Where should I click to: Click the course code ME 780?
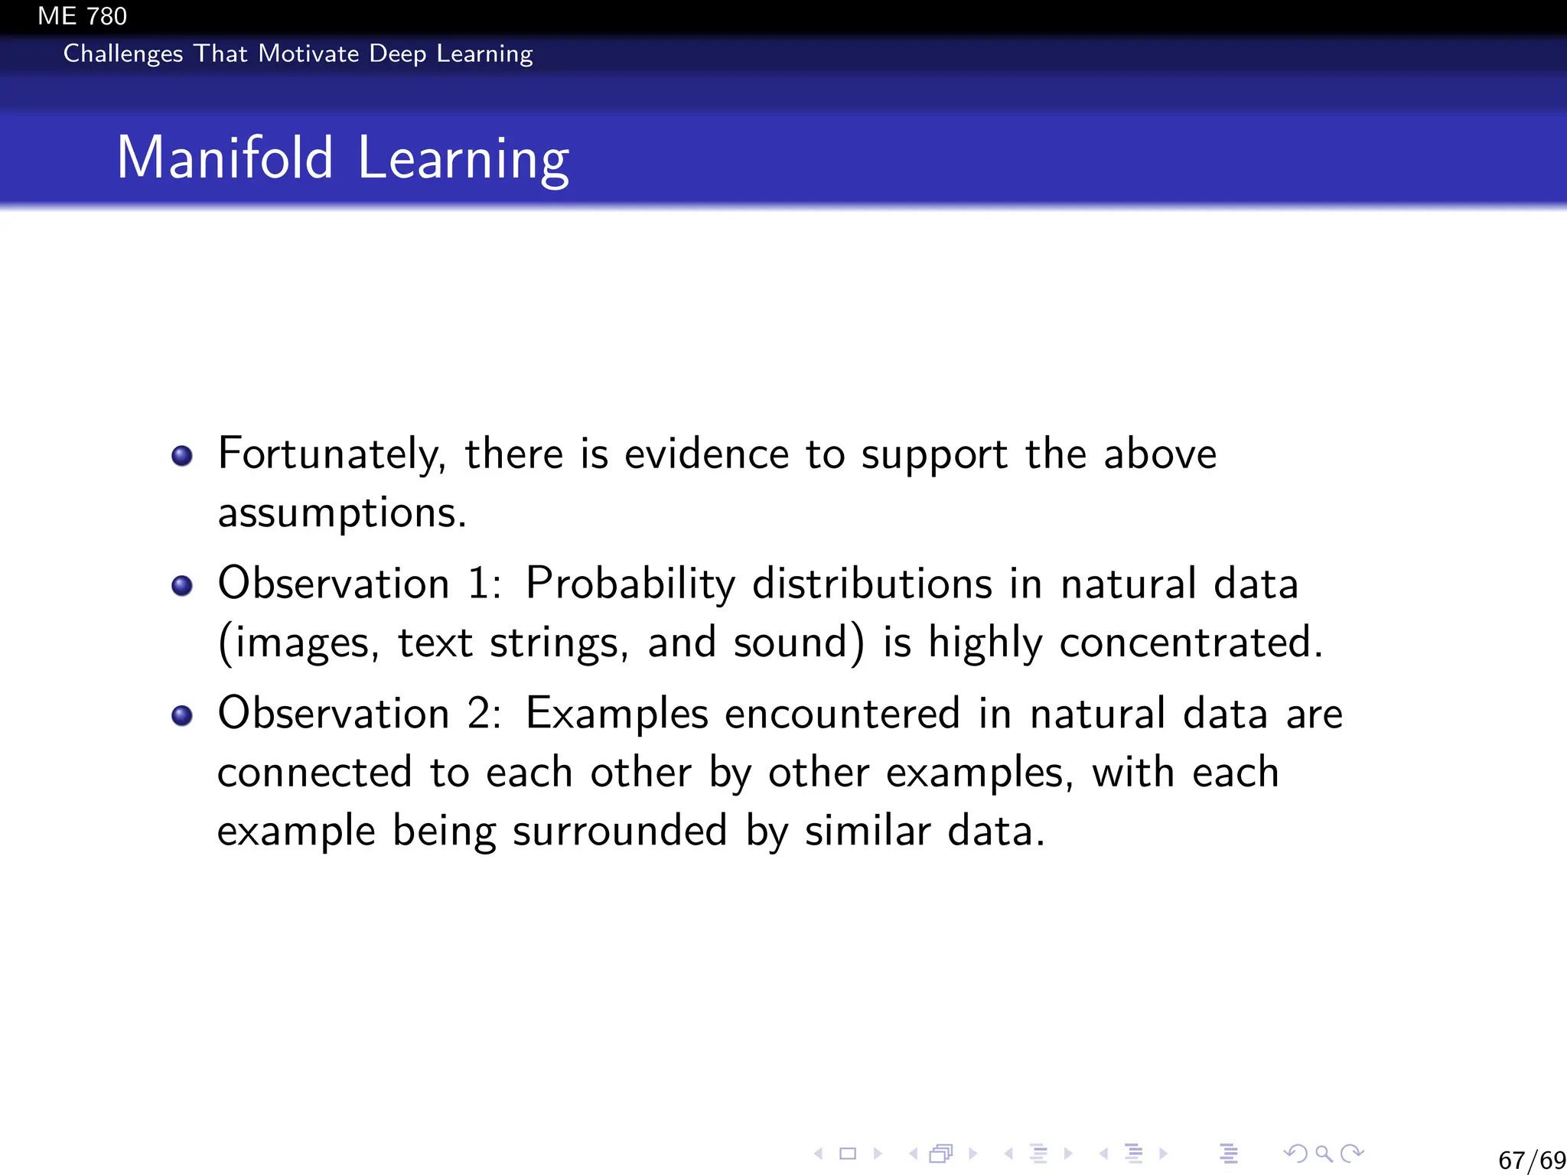pyautogui.click(x=82, y=16)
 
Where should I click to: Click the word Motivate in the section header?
pyautogui.click(x=308, y=54)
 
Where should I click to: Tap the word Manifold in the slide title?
pyautogui.click(x=225, y=158)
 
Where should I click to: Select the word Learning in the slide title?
pyautogui.click(x=463, y=158)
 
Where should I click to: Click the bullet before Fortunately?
pyautogui.click(x=182, y=457)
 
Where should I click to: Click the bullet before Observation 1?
pyautogui.click(x=182, y=586)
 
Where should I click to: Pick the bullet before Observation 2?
pyautogui.click(x=182, y=716)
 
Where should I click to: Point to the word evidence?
pyautogui.click(x=706, y=454)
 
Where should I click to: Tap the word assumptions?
pyautogui.click(x=341, y=513)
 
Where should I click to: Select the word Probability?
pyautogui.click(x=630, y=584)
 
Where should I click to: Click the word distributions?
pyautogui.click(x=872, y=584)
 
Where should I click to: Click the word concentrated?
pyautogui.click(x=1191, y=643)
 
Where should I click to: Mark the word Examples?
pyautogui.click(x=617, y=714)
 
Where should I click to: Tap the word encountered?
pyautogui.click(x=842, y=714)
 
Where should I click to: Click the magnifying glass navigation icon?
pyautogui.click(x=1324, y=1154)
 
